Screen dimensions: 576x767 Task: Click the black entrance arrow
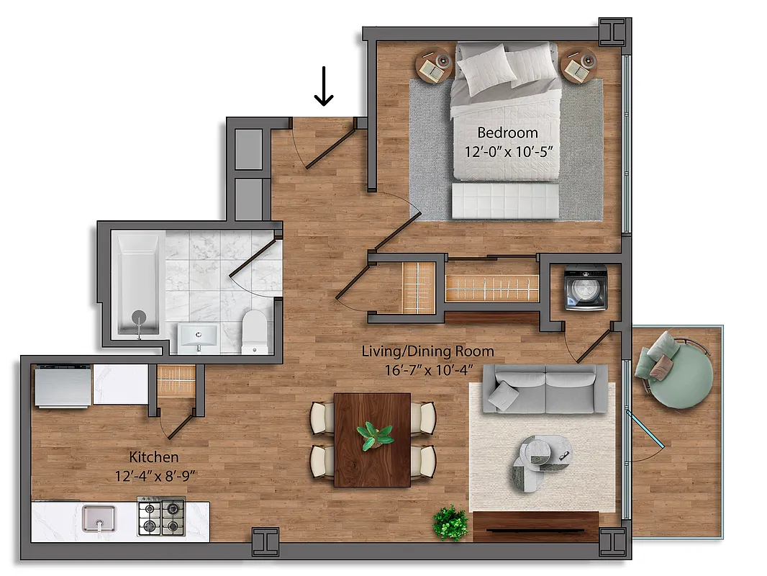point(324,86)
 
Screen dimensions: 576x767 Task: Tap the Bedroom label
point(507,132)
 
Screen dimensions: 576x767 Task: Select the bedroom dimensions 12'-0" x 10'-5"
point(507,152)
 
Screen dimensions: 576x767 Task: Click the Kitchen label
point(153,457)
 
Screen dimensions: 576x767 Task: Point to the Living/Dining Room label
point(427,351)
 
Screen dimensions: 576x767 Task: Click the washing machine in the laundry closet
point(582,289)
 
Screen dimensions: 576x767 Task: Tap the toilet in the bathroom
point(255,333)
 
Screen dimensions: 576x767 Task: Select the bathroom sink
point(198,337)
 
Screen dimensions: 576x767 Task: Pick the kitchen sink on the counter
point(99,518)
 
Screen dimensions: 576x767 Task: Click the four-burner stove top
point(161,518)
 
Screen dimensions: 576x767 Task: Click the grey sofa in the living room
point(545,389)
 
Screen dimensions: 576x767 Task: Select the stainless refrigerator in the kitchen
point(63,386)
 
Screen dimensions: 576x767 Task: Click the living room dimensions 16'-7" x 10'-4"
point(427,371)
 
